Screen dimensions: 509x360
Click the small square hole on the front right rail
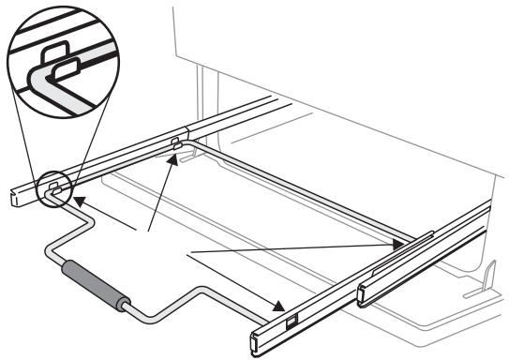(291, 322)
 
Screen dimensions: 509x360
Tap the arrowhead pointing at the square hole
(278, 308)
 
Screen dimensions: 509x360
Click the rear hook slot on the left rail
(175, 142)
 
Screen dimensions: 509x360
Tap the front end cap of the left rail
(12, 197)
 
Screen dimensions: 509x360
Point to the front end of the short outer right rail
(363, 295)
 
